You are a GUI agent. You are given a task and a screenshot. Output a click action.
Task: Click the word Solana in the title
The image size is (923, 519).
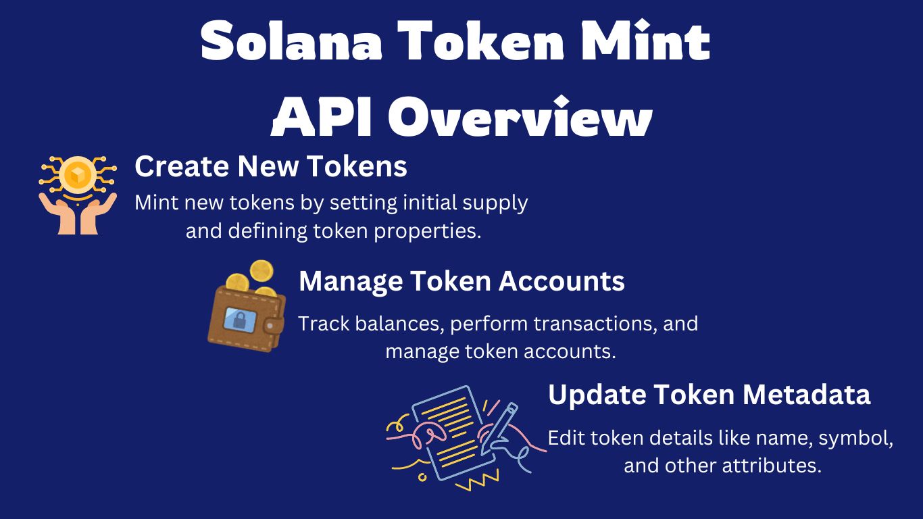pos(291,41)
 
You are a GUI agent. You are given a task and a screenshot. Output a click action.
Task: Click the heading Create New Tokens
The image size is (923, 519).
pos(271,166)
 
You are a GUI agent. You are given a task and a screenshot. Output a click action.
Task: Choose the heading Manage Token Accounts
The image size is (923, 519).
pos(461,281)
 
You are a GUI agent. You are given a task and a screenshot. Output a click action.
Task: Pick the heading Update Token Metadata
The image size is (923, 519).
pos(709,395)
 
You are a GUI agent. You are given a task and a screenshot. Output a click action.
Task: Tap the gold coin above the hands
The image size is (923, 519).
pos(78,175)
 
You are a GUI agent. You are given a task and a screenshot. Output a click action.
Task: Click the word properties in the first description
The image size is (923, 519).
pos(428,232)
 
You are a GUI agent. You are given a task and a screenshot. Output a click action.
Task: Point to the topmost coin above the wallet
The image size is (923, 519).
pos(261,271)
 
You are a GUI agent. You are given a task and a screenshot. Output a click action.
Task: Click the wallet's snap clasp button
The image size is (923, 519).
pos(270,326)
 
